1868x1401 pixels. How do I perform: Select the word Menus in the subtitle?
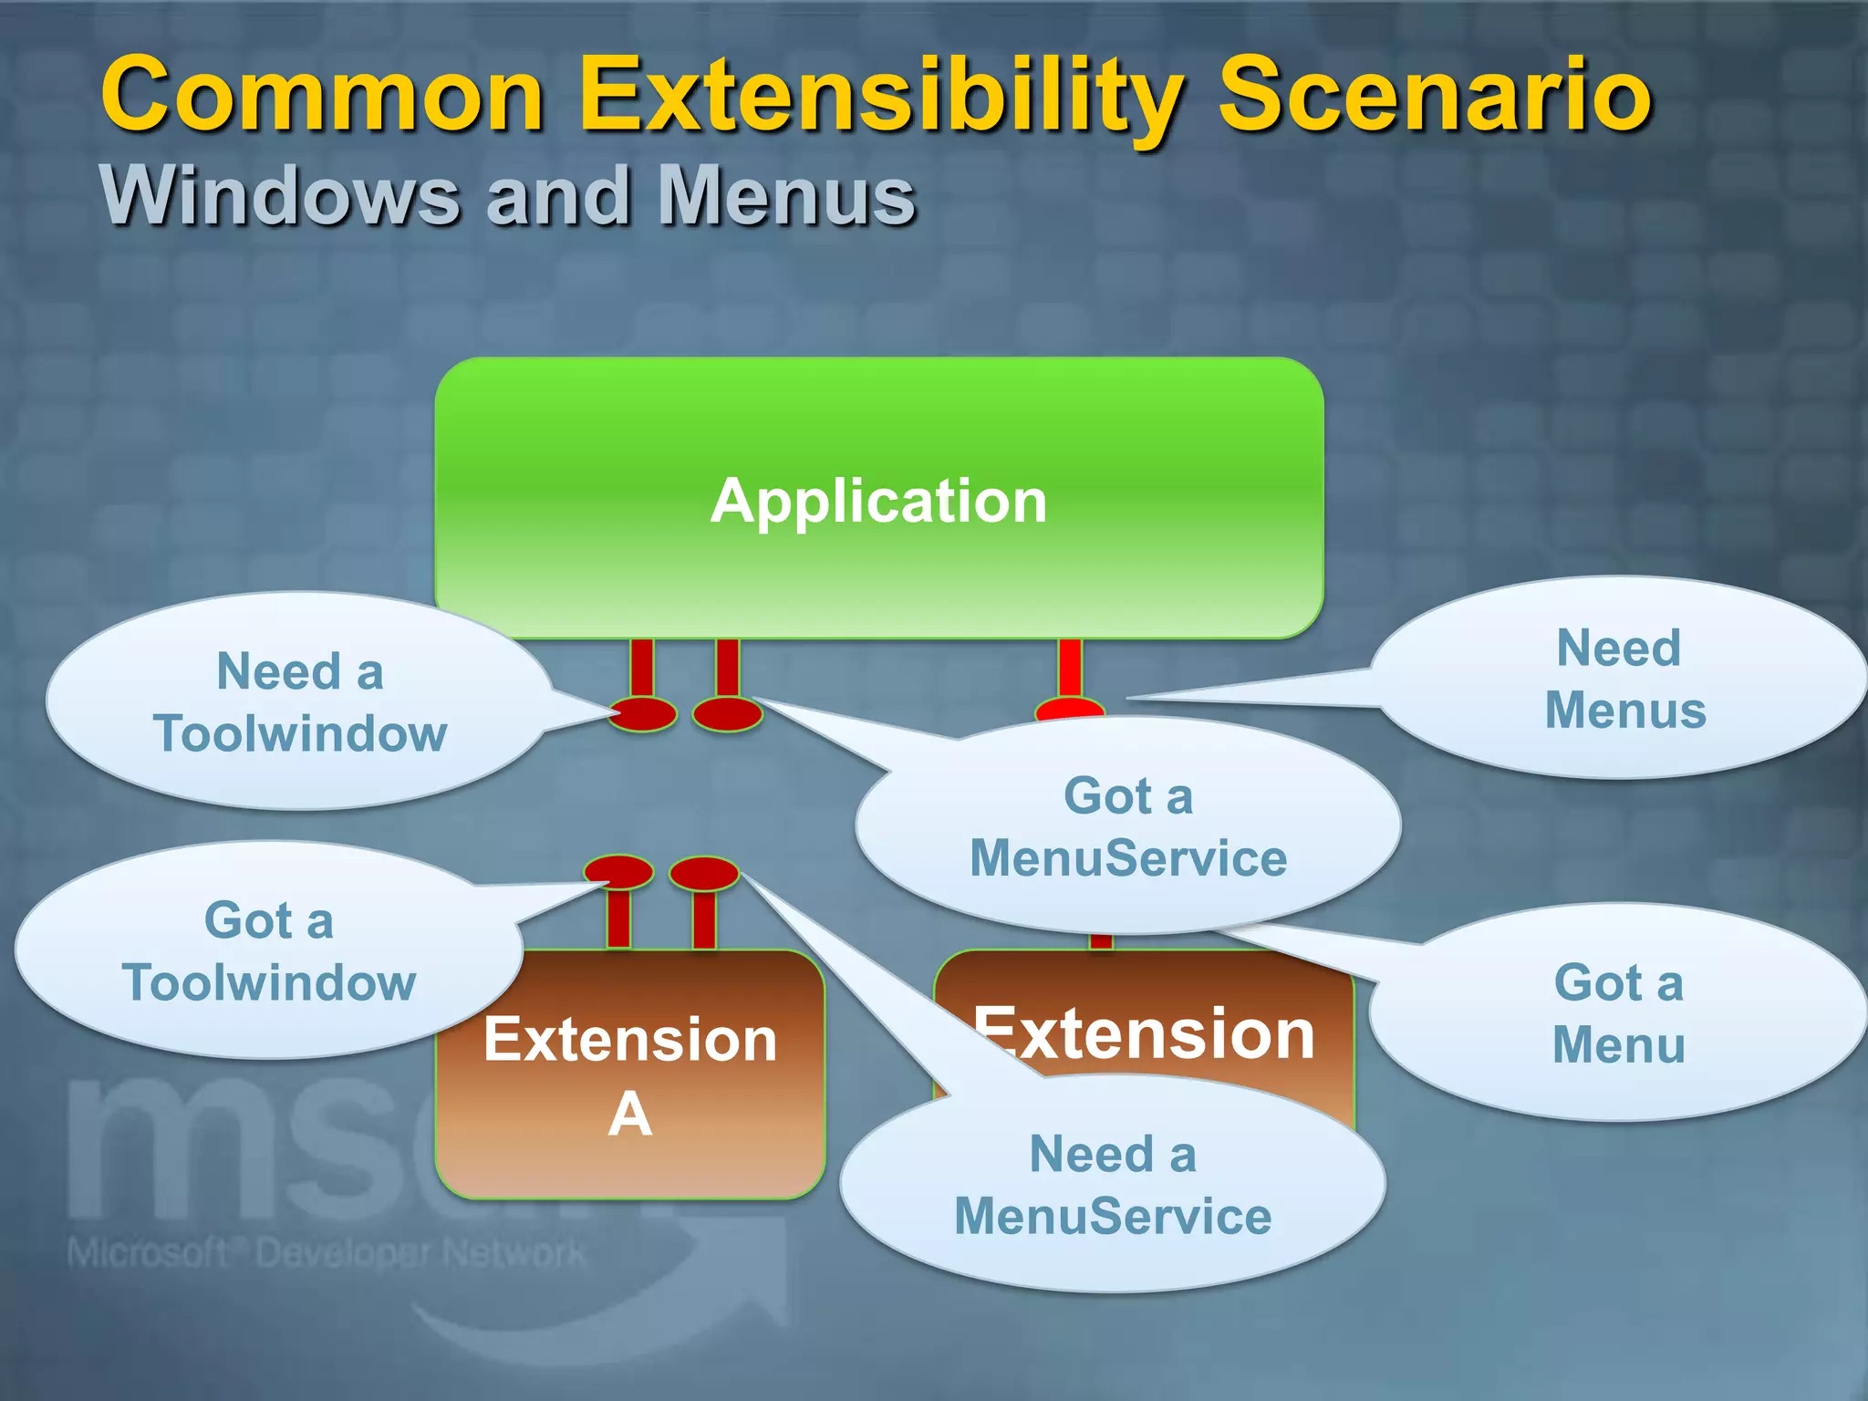[786, 196]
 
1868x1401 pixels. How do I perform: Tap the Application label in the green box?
[878, 501]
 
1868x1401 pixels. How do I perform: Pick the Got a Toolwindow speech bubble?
[268, 950]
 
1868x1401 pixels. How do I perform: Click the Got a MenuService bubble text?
[1127, 826]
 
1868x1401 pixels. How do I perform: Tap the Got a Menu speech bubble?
[1619, 1012]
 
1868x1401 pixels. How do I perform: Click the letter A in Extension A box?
[629, 1115]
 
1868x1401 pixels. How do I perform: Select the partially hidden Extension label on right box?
[1145, 1034]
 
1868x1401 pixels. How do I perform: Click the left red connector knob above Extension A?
[618, 872]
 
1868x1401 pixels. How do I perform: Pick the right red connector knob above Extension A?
[703, 873]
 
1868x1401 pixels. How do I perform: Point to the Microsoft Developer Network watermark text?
[327, 1253]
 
